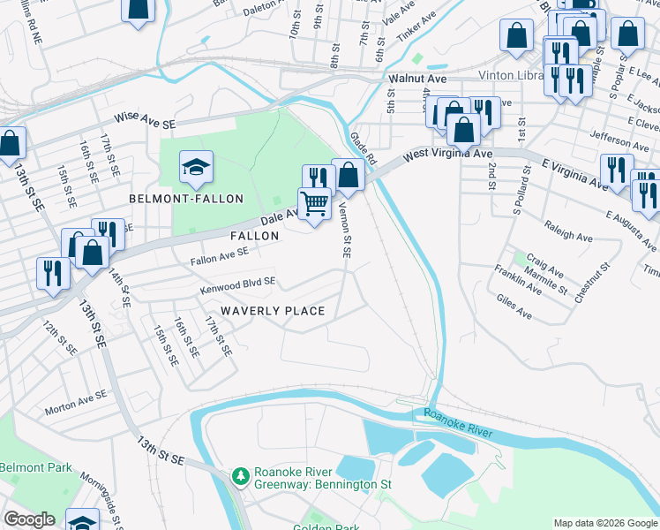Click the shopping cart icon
(x=314, y=204)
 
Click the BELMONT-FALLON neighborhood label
(x=186, y=199)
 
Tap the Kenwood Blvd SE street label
(x=238, y=282)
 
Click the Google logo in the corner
(x=29, y=519)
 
